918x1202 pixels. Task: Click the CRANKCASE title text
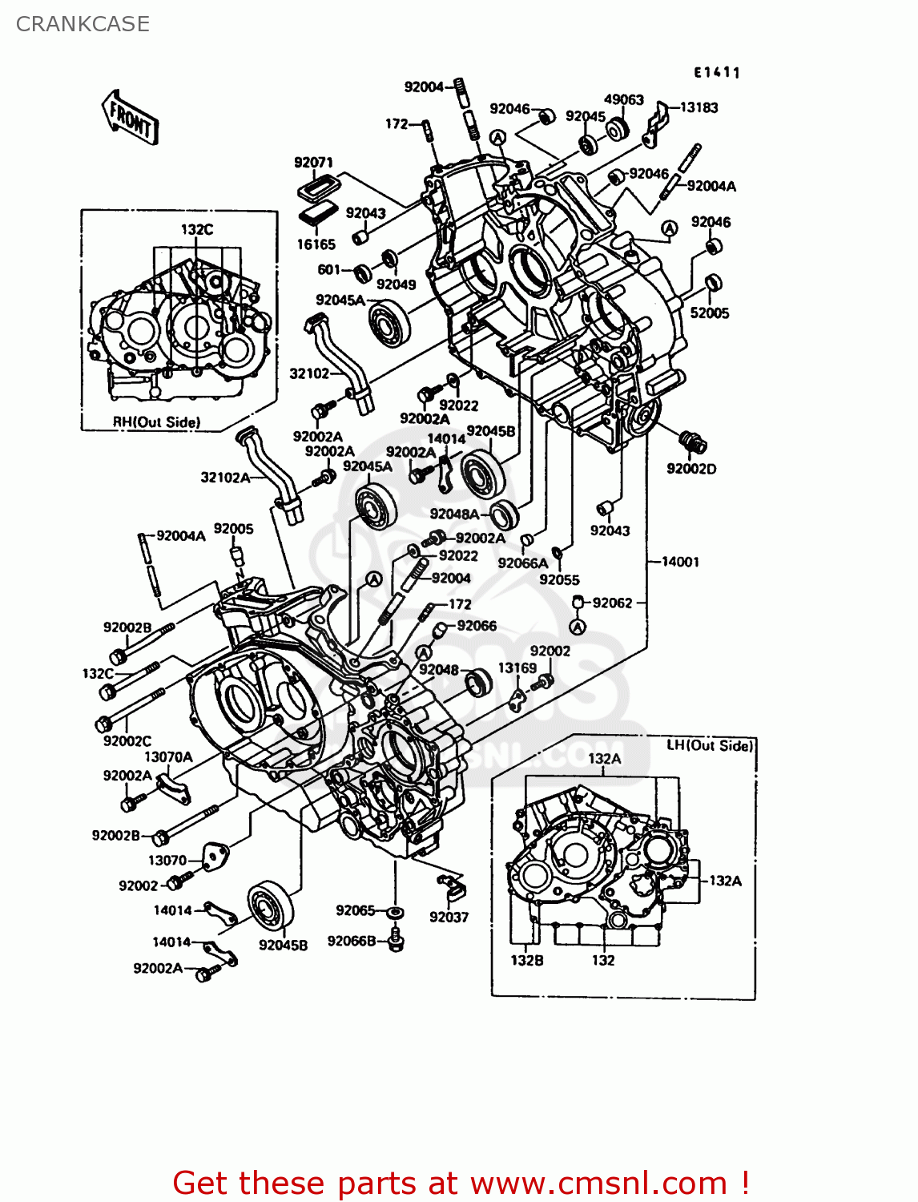(x=83, y=24)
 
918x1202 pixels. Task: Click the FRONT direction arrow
(x=131, y=118)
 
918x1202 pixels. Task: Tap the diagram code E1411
(x=716, y=72)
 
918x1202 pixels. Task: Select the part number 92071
(x=313, y=162)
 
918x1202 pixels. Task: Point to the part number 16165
(x=316, y=244)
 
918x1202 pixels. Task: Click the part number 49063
(x=623, y=99)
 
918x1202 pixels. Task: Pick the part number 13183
(x=699, y=107)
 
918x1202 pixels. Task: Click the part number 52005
(x=709, y=313)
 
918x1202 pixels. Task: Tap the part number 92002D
(x=691, y=468)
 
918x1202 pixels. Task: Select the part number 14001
(x=680, y=562)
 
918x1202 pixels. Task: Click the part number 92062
(x=612, y=603)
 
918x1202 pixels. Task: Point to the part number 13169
(x=517, y=668)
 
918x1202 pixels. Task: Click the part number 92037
(x=449, y=917)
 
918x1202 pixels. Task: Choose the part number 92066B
(x=351, y=941)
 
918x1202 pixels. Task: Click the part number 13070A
(x=168, y=756)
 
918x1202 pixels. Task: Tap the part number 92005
(x=233, y=529)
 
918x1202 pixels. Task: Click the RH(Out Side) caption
(x=156, y=422)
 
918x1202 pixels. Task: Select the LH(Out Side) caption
(x=710, y=745)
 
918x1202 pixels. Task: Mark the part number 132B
(x=526, y=960)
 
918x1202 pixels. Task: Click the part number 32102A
(x=225, y=478)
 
